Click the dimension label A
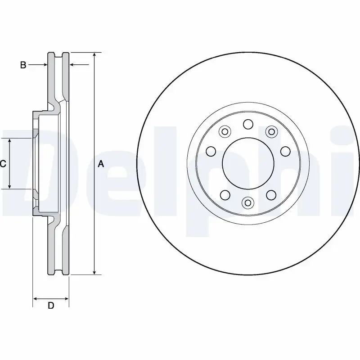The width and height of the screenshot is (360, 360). [101, 165]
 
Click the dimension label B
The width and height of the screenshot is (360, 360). [23, 65]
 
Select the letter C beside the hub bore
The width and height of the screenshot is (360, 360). [3, 164]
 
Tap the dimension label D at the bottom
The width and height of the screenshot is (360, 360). [51, 306]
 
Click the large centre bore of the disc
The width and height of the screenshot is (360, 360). [248, 164]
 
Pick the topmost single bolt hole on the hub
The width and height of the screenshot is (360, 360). [248, 124]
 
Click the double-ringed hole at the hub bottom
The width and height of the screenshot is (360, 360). [247, 203]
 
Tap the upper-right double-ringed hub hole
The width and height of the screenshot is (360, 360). [271, 131]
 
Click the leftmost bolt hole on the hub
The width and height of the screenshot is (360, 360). [210, 151]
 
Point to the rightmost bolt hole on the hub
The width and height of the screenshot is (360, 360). [286, 151]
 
